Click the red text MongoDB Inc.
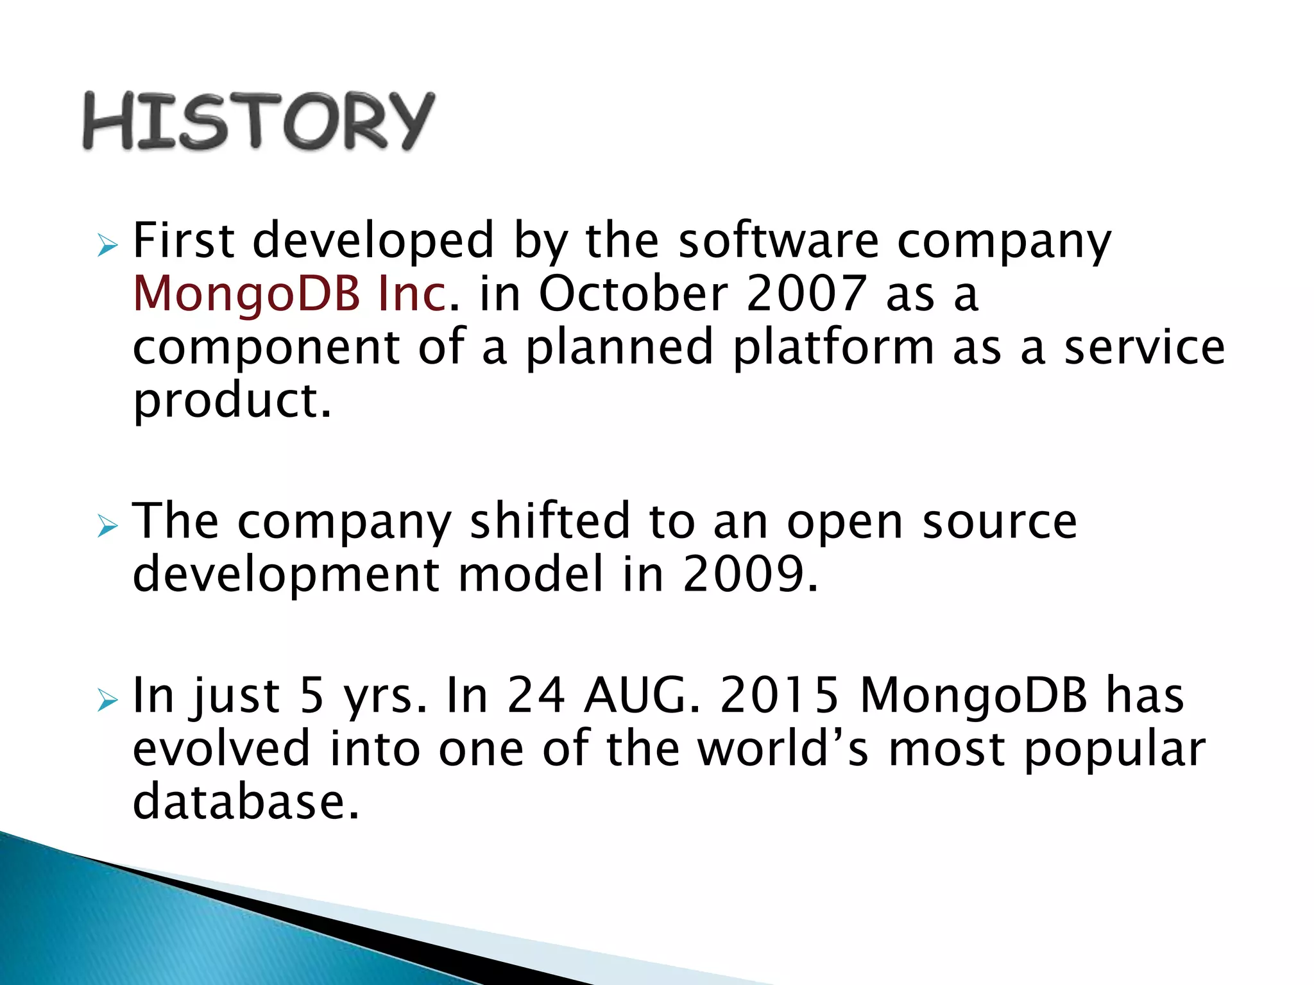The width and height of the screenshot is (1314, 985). tap(289, 294)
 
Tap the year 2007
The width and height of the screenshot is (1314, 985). tap(806, 294)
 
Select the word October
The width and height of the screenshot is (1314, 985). tap(633, 294)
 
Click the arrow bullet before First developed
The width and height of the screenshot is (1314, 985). tap(108, 246)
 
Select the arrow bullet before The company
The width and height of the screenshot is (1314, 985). tap(108, 526)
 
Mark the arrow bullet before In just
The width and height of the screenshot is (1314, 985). tap(108, 701)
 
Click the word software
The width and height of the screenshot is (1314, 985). tap(778, 240)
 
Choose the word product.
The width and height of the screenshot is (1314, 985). tap(232, 401)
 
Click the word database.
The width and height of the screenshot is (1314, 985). tap(245, 802)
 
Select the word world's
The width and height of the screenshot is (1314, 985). tap(783, 748)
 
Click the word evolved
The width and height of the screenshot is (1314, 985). tap(221, 748)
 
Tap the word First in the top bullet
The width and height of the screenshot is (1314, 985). tap(183, 240)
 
